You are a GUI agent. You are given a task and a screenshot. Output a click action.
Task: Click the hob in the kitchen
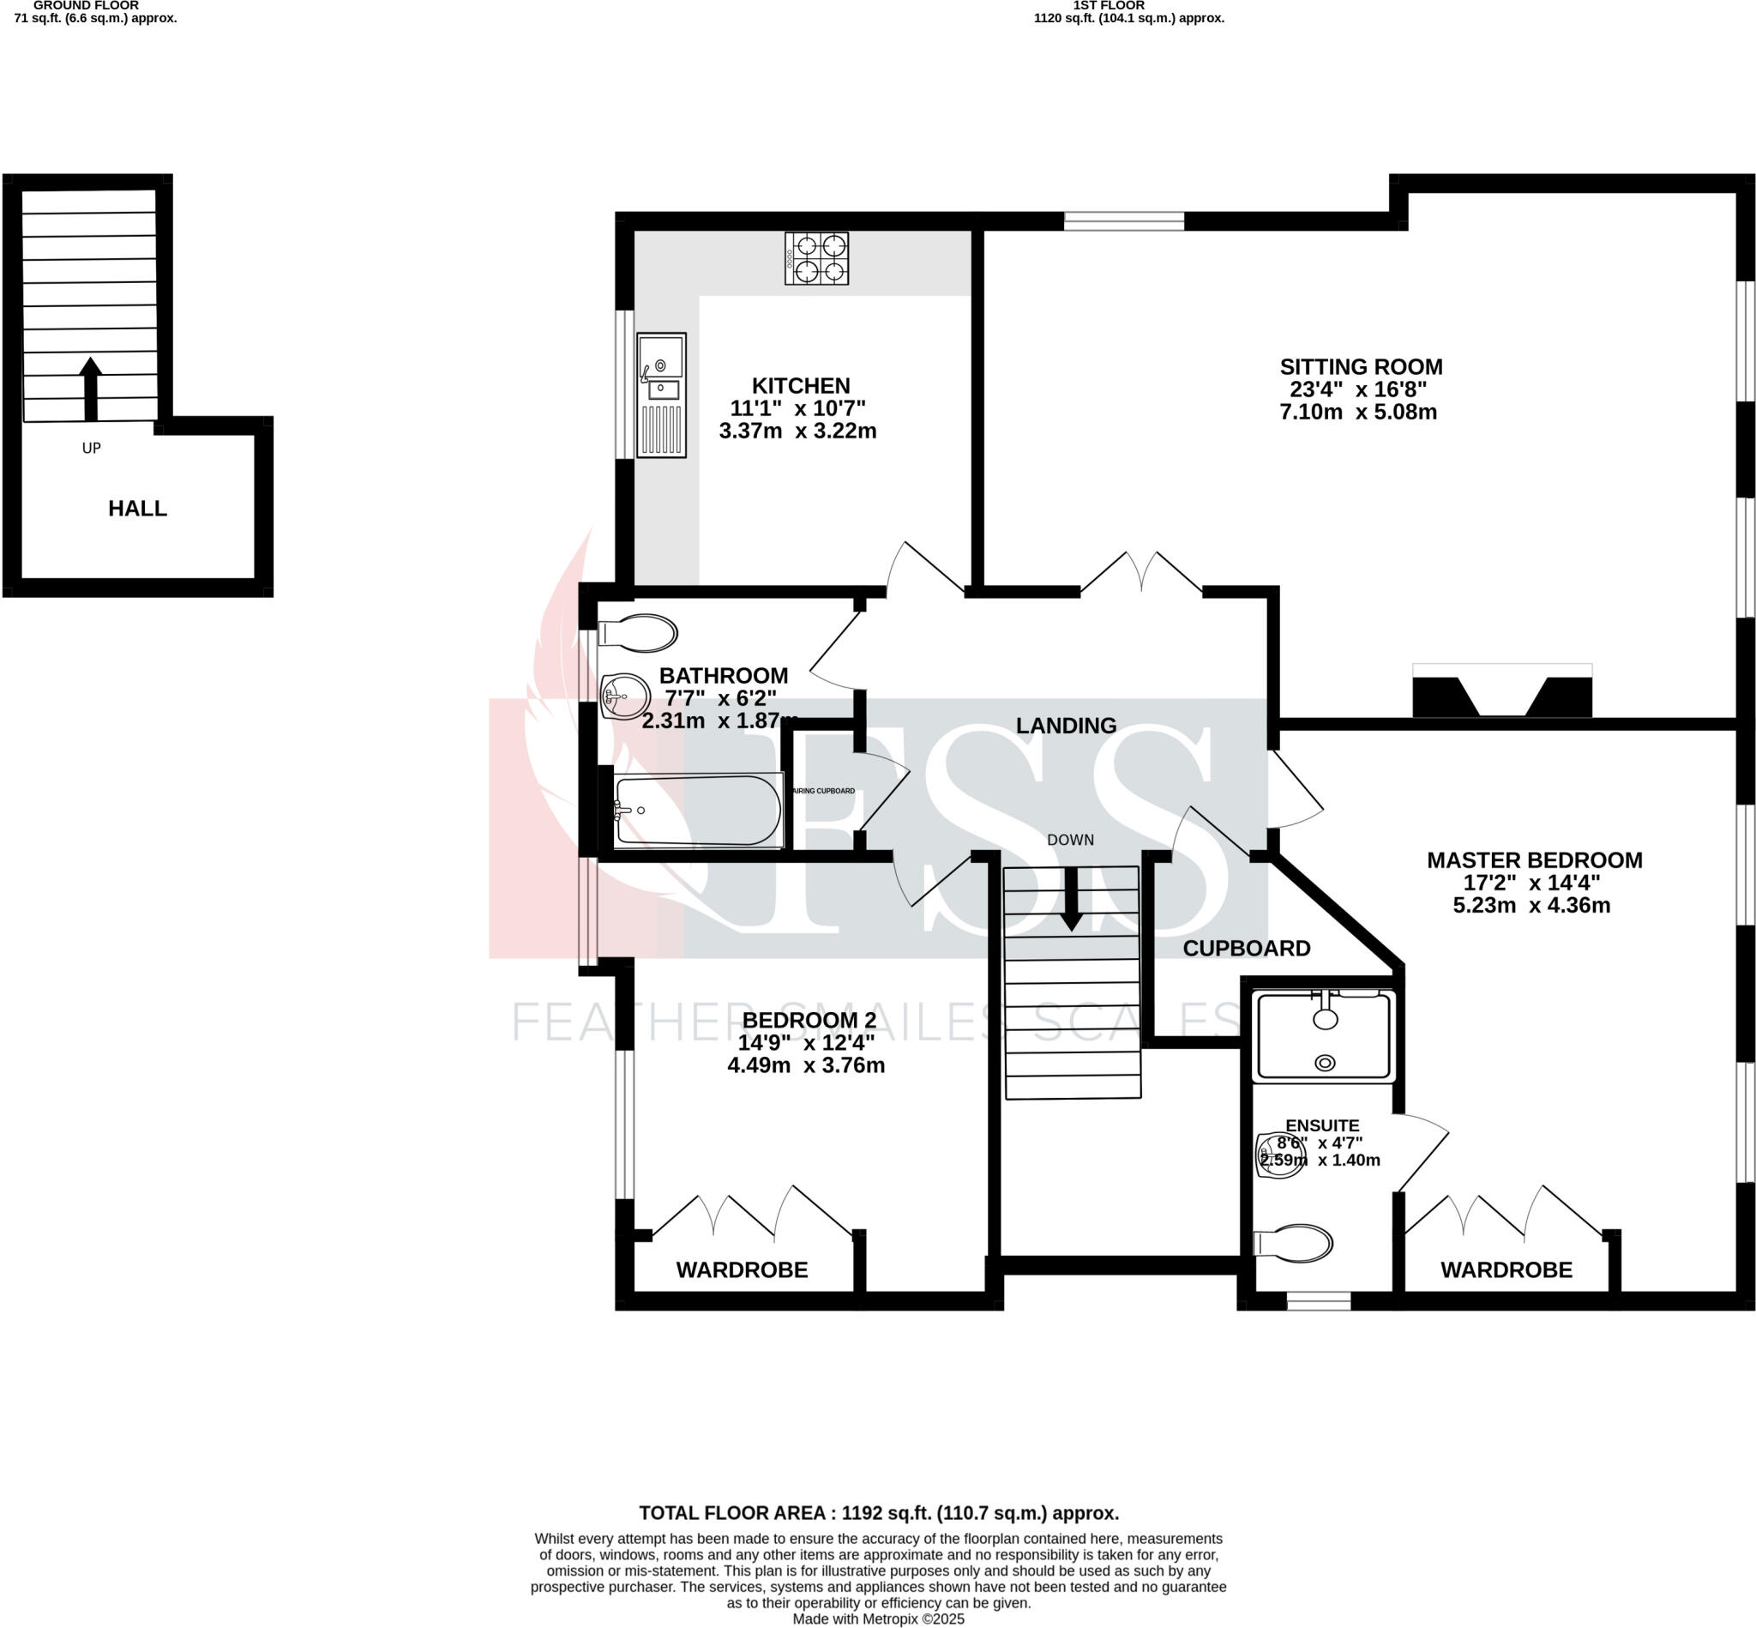(x=816, y=258)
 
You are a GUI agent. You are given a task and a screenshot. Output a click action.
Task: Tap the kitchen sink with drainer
(x=660, y=395)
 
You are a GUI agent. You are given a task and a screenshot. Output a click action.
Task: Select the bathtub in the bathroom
(x=697, y=811)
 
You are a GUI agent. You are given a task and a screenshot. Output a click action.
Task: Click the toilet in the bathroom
(x=638, y=633)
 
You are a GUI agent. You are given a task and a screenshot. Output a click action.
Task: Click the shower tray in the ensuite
(x=1324, y=1036)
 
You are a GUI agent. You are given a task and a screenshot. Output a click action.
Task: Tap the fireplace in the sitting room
(x=1501, y=691)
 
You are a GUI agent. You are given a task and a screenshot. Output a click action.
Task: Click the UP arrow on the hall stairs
(x=91, y=389)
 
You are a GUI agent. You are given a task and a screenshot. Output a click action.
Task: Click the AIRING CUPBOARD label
(x=824, y=791)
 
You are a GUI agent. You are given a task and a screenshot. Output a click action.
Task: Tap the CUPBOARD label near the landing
(x=1246, y=949)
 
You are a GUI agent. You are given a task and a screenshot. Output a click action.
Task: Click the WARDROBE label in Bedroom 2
(x=742, y=1270)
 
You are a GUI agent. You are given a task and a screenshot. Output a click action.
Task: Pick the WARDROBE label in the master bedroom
(x=1506, y=1270)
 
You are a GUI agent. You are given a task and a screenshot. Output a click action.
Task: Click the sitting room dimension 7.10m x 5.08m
(x=1358, y=413)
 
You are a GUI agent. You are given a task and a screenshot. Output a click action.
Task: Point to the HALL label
(x=137, y=509)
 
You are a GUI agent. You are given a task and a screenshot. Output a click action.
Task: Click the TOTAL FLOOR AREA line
(x=878, y=1513)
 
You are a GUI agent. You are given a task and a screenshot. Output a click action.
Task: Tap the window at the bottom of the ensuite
(x=1319, y=1301)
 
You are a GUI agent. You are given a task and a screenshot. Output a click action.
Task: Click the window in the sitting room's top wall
(x=1124, y=221)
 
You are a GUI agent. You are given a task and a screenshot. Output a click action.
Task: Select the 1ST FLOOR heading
(x=1109, y=5)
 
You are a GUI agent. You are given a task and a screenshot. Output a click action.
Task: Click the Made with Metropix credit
(x=878, y=1619)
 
